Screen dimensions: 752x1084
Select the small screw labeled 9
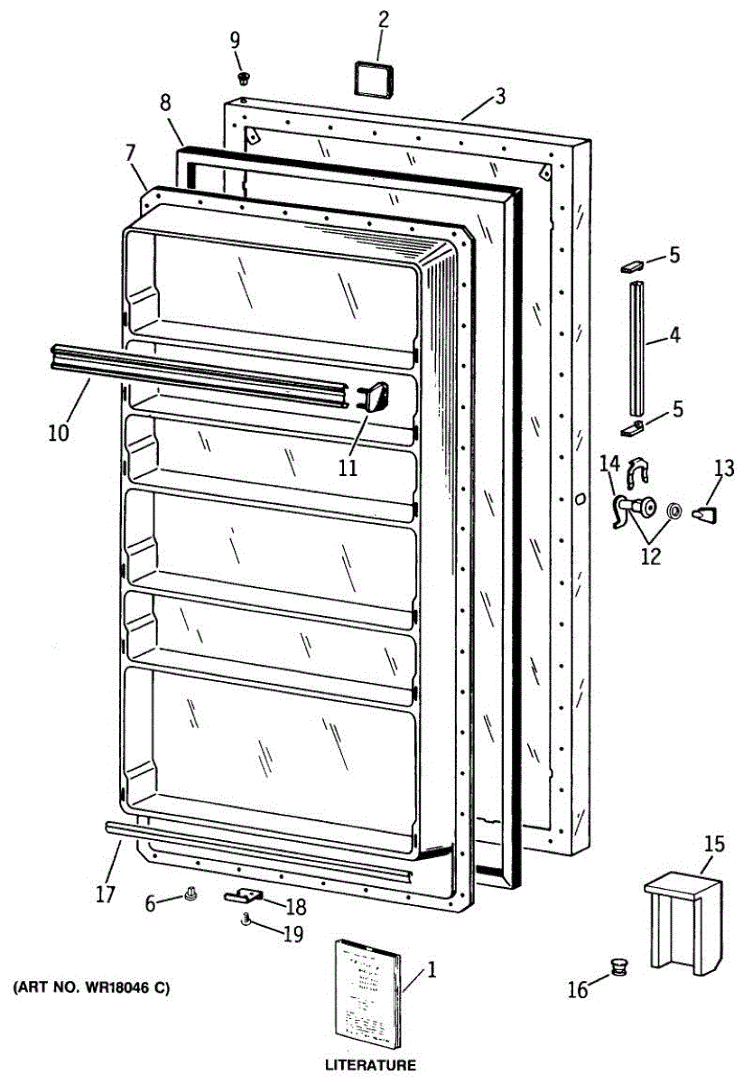(243, 78)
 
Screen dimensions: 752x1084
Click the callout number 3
(500, 97)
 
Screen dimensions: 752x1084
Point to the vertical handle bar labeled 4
(638, 341)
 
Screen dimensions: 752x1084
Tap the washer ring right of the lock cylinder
(673, 512)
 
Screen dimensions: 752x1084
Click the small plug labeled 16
(619, 967)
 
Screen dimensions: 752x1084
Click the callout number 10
(59, 433)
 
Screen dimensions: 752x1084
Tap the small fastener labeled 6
(190, 894)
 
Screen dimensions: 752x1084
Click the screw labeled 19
(246, 920)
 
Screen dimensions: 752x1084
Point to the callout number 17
(106, 894)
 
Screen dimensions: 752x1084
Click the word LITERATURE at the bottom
(370, 1066)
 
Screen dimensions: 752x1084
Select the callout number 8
(165, 103)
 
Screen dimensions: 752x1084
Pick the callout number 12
(650, 556)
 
